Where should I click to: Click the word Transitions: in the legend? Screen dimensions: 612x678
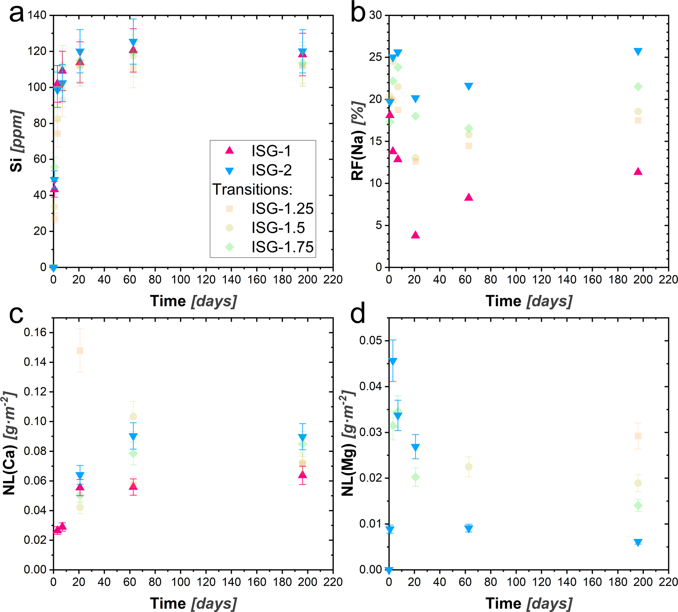(252, 189)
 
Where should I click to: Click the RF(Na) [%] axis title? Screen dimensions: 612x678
(357, 141)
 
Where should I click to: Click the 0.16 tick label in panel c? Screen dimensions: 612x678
(35, 333)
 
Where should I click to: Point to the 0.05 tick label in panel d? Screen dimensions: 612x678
(371, 341)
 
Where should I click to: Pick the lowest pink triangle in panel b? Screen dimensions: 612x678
(415, 235)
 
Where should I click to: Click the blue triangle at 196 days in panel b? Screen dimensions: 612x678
(638, 52)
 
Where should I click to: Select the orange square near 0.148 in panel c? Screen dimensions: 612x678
(80, 350)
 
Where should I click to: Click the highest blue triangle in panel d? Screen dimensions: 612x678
(393, 362)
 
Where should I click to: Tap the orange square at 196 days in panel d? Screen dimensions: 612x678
(638, 436)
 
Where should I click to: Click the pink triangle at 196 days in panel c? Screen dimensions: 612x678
(302, 475)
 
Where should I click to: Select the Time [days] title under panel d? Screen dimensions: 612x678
(529, 603)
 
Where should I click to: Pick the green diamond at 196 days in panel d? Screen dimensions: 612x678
(638, 506)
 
